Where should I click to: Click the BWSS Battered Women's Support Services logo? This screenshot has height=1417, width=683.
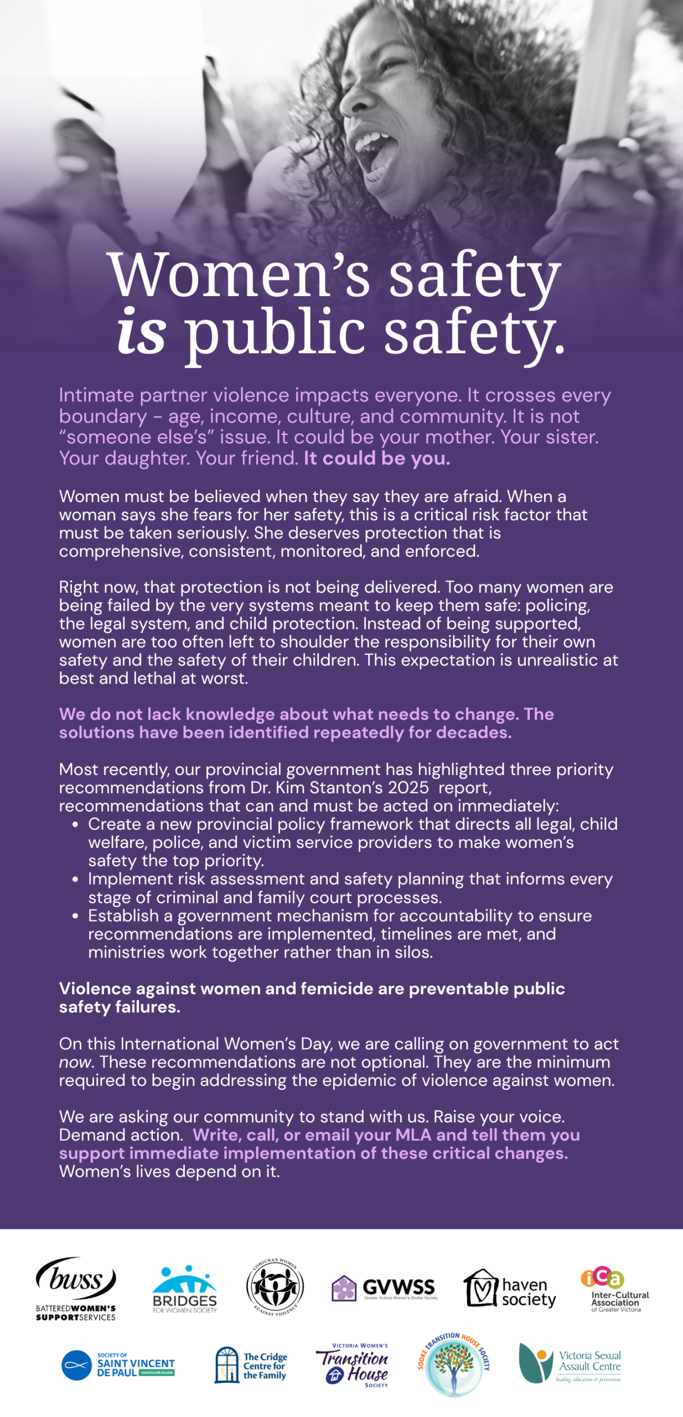point(76,1288)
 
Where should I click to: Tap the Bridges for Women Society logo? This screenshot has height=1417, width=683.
point(184,1289)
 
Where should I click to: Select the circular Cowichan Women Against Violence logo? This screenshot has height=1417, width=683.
point(275,1287)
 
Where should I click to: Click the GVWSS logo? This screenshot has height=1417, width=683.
point(384,1288)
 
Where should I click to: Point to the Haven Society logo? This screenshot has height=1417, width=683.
point(510,1289)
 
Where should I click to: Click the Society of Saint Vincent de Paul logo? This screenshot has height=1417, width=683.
point(118,1365)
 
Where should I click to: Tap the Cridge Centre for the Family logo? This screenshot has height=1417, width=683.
point(251,1365)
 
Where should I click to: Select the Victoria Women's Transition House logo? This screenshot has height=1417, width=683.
point(353,1365)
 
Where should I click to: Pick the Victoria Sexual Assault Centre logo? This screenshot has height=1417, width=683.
point(570,1363)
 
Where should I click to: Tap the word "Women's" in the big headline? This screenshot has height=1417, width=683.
point(239,275)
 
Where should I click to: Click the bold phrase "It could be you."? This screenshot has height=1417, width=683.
point(377,458)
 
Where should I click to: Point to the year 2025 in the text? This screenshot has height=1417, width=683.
point(408,788)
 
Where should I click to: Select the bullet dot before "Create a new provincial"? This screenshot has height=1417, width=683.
point(75,824)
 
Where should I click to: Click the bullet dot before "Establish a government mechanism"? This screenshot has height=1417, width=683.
point(75,916)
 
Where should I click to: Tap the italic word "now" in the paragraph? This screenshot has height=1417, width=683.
point(75,1063)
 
